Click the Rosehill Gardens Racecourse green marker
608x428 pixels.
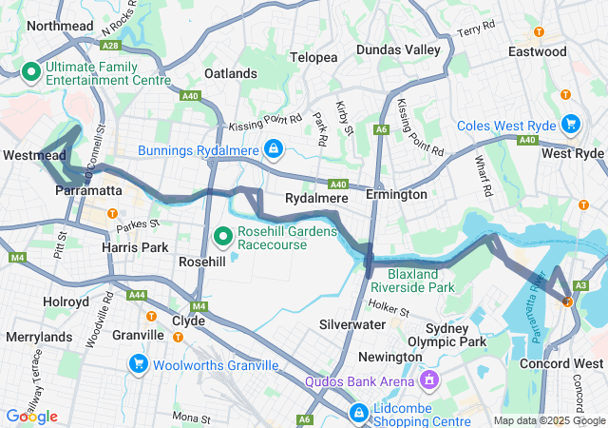coord(223,235)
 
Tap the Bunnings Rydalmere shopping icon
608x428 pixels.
coord(274,149)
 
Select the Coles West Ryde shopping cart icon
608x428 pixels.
coord(571,124)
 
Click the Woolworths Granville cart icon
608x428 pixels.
coord(139,363)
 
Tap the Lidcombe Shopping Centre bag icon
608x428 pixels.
coord(359,413)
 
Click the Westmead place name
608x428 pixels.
coord(34,154)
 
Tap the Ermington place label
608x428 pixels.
coord(396,194)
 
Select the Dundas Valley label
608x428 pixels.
coord(398,49)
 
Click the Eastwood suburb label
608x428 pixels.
coord(537,51)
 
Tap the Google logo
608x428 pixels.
coord(32,416)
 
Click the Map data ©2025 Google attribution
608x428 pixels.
coord(547,420)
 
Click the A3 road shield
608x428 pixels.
coord(580,285)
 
